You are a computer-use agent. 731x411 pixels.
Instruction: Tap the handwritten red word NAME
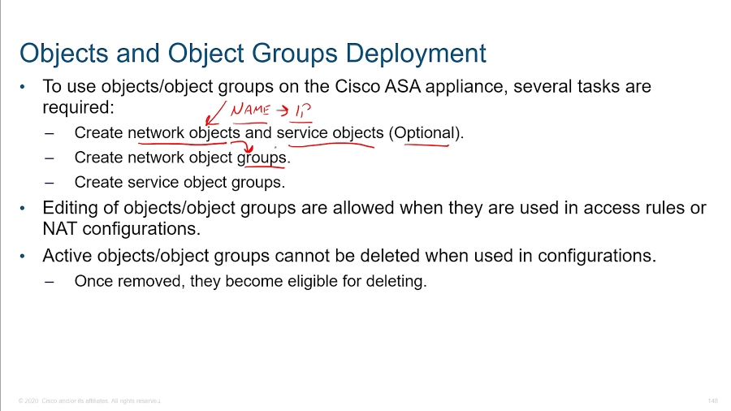(250, 110)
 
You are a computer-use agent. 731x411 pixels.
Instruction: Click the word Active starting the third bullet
(67, 256)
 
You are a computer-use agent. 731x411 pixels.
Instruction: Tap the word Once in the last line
(92, 282)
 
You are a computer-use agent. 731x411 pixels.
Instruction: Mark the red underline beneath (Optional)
(427, 146)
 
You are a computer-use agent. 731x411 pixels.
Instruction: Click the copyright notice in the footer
(89, 401)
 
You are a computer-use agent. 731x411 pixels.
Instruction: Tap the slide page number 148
(712, 401)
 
